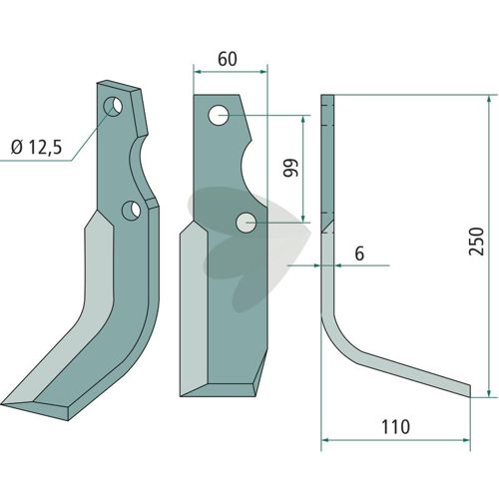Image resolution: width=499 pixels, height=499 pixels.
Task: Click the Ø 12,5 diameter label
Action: (36, 148)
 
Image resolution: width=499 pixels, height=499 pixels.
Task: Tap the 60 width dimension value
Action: (228, 59)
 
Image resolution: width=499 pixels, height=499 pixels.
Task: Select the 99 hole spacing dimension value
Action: (290, 168)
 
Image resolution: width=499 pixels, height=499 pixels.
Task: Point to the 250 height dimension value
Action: (476, 242)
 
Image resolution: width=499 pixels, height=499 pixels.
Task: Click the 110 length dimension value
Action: (395, 427)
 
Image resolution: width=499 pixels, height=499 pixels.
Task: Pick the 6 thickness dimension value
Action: (359, 253)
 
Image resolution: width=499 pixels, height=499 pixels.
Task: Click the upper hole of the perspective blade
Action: (113, 106)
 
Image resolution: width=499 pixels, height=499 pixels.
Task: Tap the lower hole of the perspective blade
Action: (132, 211)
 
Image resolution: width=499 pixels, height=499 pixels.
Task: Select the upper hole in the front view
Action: (218, 115)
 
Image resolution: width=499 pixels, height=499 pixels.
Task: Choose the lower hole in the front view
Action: (246, 223)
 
